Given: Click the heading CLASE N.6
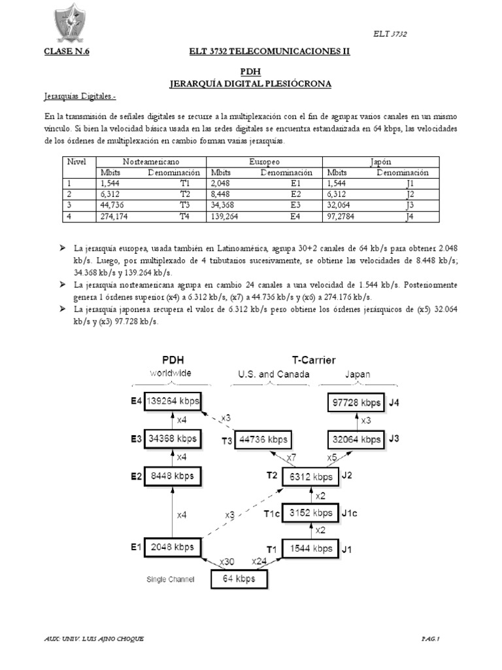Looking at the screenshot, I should pos(66,52).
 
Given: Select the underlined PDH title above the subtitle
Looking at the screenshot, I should pos(250,73).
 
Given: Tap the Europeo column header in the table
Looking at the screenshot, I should pos(264,160).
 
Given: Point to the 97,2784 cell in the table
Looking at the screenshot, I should pos(343,217).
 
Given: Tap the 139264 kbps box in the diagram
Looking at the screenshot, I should pos(173,400).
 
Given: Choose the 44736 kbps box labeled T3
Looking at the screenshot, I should pos(263,439).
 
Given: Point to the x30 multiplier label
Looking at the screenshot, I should pos(226,561).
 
